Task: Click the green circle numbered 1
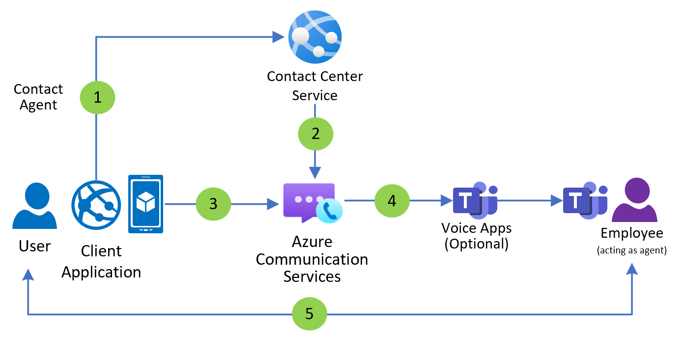97,97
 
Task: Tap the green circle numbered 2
315,134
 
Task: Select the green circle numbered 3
213,203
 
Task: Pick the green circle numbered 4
392,200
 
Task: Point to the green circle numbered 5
310,313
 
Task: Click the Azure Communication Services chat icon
310,201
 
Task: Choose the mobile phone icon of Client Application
145,204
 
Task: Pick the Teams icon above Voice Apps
475,200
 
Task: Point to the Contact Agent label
38,97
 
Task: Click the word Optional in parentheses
476,244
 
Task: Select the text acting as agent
631,250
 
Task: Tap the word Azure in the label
312,242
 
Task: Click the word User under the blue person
35,246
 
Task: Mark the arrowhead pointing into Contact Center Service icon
279,37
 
